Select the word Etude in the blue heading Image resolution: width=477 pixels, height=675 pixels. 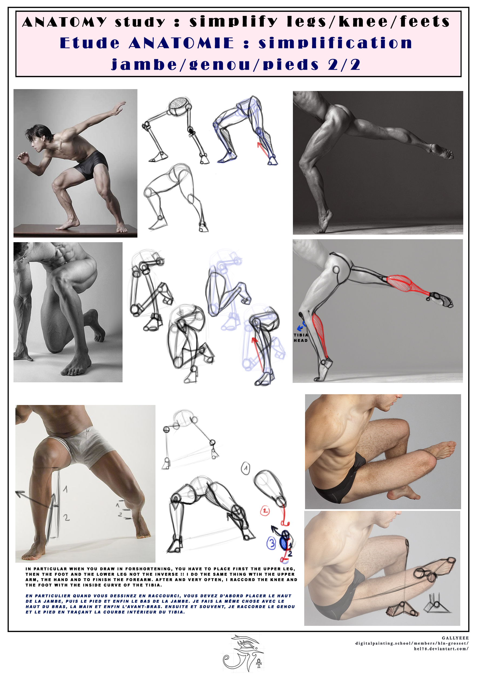90,43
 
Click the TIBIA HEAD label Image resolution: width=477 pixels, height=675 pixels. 301,337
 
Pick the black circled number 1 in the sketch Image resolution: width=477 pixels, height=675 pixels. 245,468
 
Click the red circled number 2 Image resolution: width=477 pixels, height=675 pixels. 265,511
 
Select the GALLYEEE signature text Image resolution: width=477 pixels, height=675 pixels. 455,638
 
